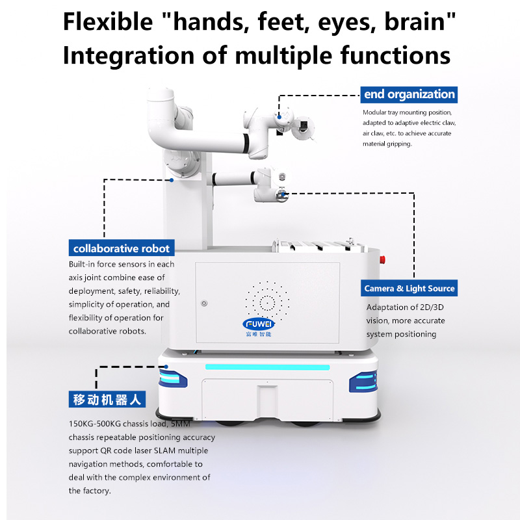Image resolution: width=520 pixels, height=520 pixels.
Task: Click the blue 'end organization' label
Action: (409, 94)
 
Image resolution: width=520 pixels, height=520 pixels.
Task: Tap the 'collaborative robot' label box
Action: (122, 248)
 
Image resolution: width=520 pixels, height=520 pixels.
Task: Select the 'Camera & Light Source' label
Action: (409, 288)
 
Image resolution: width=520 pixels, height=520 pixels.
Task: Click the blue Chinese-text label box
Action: (107, 399)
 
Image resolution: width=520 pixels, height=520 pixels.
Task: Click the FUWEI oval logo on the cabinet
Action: (258, 324)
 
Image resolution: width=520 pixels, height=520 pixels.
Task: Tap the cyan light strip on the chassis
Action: (267, 367)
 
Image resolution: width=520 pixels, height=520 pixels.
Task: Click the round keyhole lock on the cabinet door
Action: (204, 303)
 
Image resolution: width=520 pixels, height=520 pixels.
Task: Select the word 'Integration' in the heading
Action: (128, 55)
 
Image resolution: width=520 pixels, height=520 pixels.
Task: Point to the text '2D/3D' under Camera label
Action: (432, 307)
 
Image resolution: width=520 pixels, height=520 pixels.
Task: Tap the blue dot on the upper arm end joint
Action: (279, 117)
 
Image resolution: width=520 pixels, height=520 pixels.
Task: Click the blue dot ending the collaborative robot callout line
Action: (172, 180)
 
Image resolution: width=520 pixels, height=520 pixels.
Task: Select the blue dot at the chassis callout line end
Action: (166, 367)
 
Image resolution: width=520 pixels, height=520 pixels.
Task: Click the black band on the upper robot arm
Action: (246, 143)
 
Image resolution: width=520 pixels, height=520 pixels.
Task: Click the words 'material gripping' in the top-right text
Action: (387, 144)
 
